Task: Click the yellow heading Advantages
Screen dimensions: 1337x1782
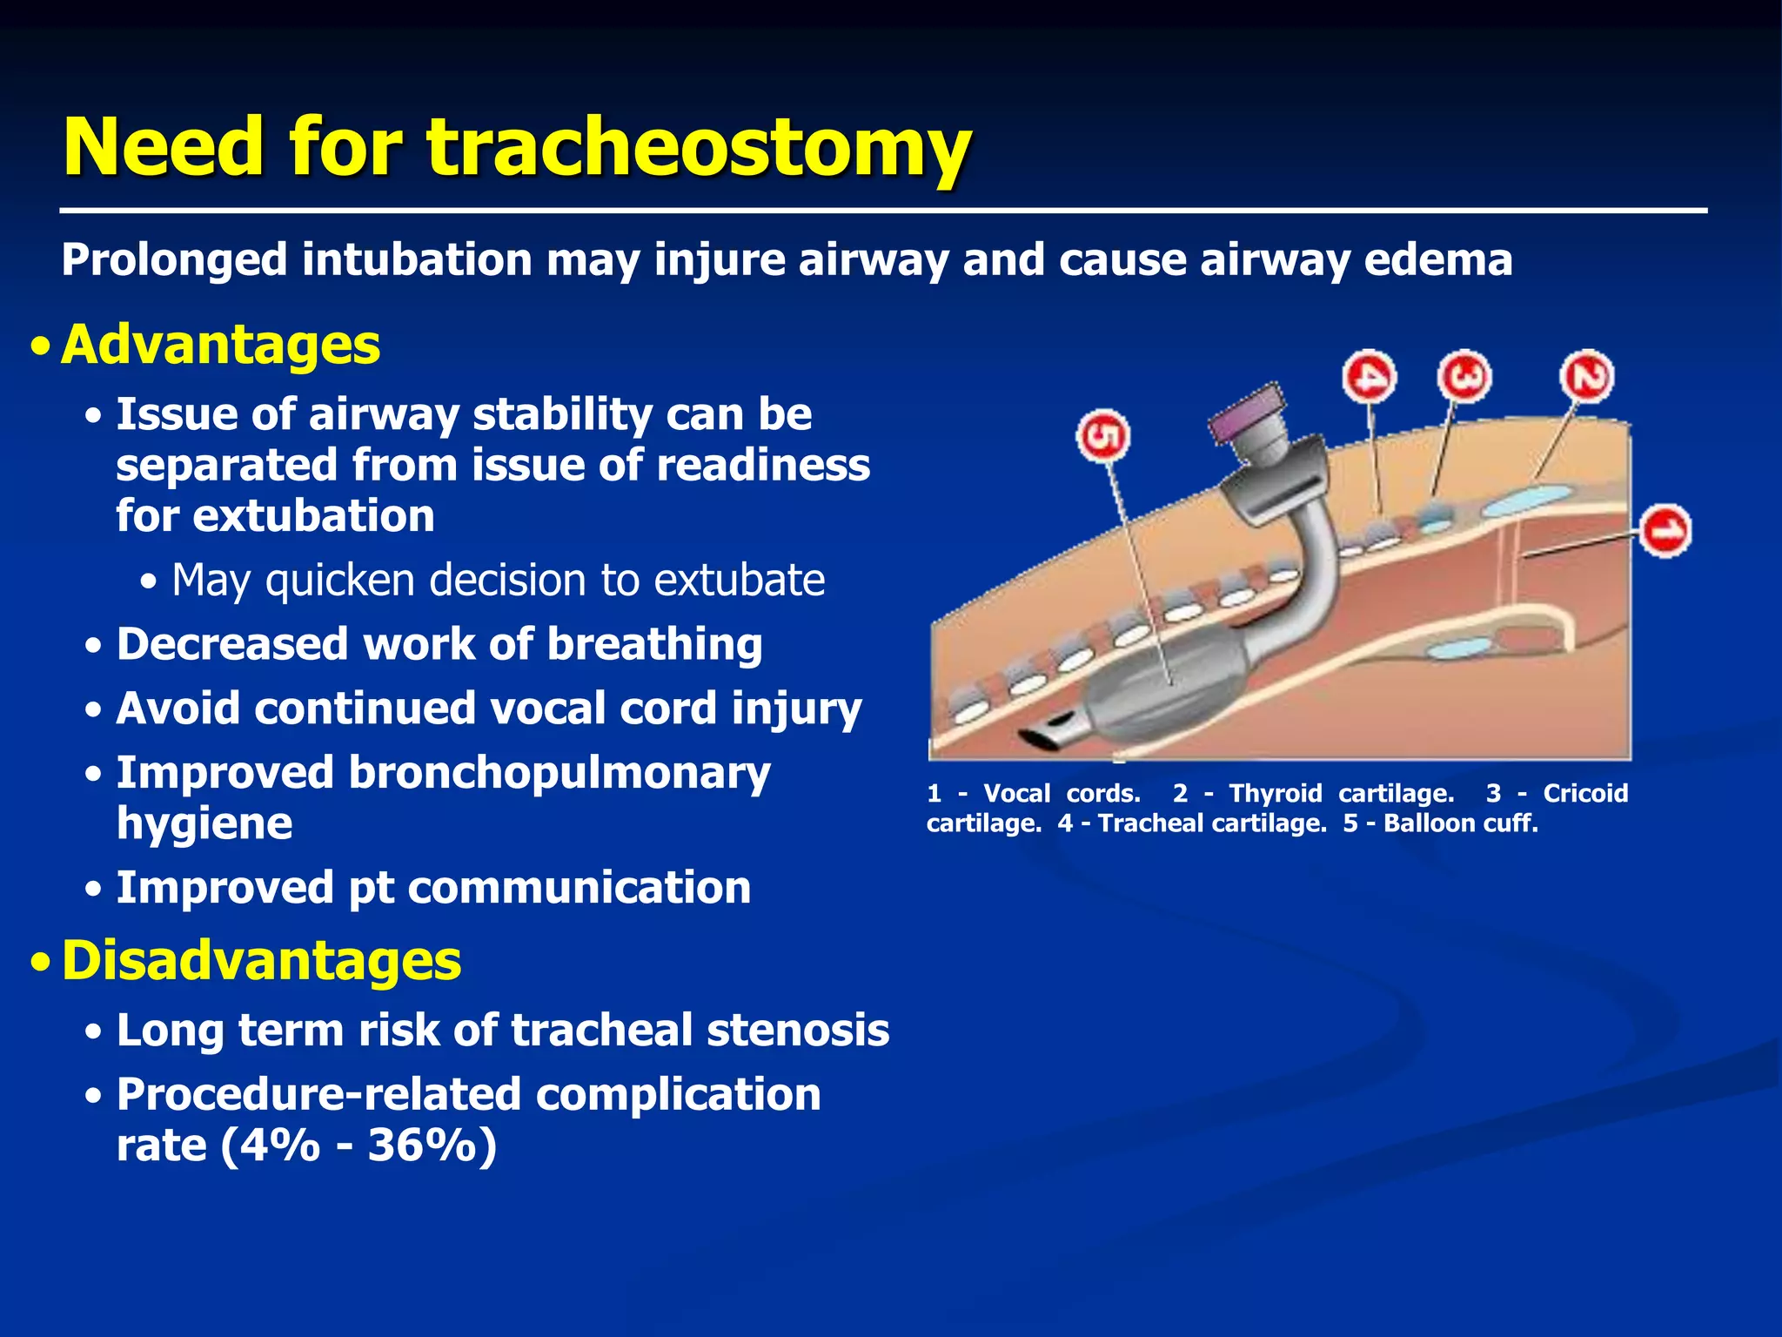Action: pyautogui.click(x=220, y=345)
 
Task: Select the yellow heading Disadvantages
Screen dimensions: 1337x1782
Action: pyautogui.click(x=261, y=961)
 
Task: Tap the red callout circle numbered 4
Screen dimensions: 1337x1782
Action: pyautogui.click(x=1369, y=378)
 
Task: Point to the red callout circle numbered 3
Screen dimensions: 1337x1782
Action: pyautogui.click(x=1464, y=376)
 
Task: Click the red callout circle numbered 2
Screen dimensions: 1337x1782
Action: pyautogui.click(x=1586, y=377)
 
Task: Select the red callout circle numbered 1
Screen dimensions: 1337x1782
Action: pyautogui.click(x=1665, y=530)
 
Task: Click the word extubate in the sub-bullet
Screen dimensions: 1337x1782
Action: pyautogui.click(x=739, y=580)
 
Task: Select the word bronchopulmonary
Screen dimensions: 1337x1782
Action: pyautogui.click(x=559, y=773)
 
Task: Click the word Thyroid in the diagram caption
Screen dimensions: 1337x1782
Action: pyautogui.click(x=1275, y=793)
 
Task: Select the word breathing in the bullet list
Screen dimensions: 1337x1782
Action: pyautogui.click(x=654, y=645)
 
